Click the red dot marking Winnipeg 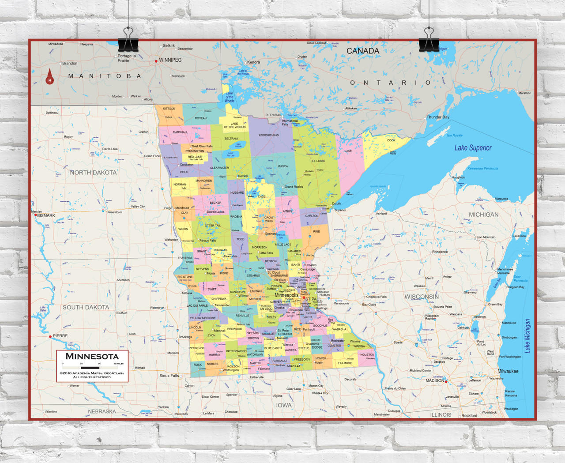[156, 61]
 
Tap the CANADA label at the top [362, 51]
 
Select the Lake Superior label [473, 148]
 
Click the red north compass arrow [49, 76]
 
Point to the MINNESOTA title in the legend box [92, 356]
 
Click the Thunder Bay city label [438, 117]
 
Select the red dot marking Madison [446, 381]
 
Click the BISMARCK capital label [46, 215]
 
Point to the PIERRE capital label [60, 336]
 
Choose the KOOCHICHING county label [268, 135]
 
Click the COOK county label [391, 140]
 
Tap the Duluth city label [336, 203]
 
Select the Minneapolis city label [286, 295]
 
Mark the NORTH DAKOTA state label [93, 173]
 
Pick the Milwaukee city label [508, 371]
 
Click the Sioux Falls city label [169, 376]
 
